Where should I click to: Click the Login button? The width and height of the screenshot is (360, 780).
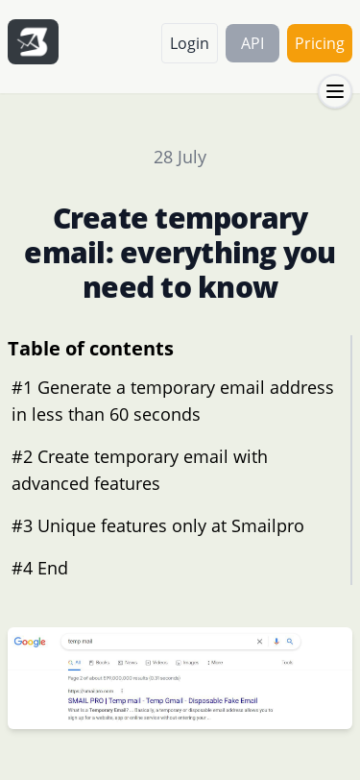(x=189, y=43)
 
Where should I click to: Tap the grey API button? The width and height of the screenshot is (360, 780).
(x=252, y=43)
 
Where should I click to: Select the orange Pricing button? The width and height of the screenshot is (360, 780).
(x=319, y=43)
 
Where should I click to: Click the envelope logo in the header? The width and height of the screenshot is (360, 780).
(x=33, y=42)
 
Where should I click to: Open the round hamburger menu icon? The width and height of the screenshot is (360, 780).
(x=335, y=91)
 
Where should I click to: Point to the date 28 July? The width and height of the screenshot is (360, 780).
(x=180, y=158)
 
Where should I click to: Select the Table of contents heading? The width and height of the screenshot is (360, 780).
(x=90, y=349)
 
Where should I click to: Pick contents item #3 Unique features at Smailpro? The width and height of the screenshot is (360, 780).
(x=157, y=525)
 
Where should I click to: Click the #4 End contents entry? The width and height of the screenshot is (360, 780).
(x=39, y=568)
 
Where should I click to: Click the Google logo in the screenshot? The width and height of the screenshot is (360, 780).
(x=30, y=642)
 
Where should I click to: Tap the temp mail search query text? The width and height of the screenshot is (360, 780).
(x=81, y=642)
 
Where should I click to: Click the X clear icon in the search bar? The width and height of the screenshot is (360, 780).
(x=259, y=642)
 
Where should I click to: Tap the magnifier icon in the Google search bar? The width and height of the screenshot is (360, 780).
(x=290, y=642)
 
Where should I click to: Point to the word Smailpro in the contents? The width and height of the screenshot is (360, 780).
(x=264, y=525)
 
